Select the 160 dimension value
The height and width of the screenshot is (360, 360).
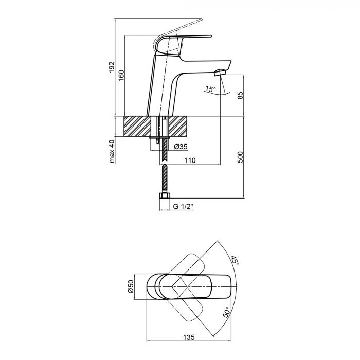click(x=122, y=74)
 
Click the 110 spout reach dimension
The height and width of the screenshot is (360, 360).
click(x=190, y=160)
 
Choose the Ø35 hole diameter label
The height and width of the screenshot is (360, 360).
click(x=181, y=146)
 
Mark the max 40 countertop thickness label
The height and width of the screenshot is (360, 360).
click(x=112, y=152)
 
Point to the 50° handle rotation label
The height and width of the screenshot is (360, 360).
click(x=226, y=312)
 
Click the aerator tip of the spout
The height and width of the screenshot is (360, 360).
click(x=222, y=73)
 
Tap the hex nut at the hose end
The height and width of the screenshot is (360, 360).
click(x=165, y=196)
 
